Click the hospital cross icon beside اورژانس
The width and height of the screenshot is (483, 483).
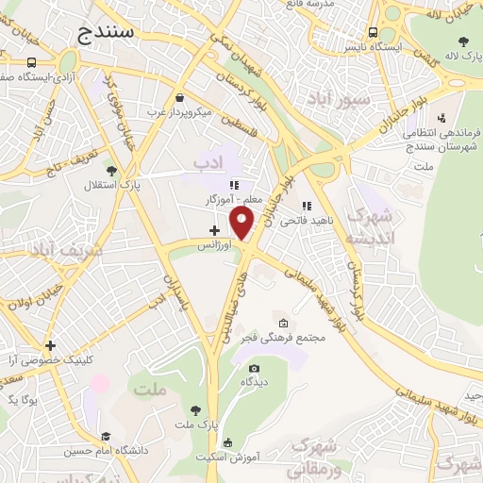click(x=214, y=229)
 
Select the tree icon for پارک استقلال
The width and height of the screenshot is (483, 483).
click(x=112, y=171)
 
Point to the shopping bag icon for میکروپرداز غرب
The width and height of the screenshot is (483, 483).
click(x=179, y=97)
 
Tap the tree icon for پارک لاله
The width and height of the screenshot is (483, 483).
click(x=463, y=41)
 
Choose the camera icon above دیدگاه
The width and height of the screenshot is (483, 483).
click(x=253, y=369)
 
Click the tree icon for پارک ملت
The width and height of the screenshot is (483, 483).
click(x=195, y=409)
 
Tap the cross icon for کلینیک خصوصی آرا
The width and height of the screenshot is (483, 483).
click(x=50, y=345)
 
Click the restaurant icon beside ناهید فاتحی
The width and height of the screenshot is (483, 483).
click(x=306, y=205)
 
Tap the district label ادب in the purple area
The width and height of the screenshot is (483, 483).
click(x=211, y=164)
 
